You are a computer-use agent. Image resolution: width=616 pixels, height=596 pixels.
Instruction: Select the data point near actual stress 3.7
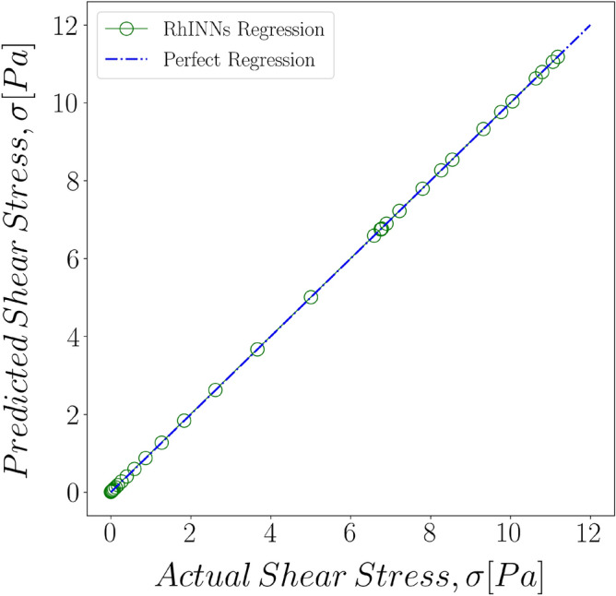257,349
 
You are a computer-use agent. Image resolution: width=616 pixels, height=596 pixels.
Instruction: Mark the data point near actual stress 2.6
215,390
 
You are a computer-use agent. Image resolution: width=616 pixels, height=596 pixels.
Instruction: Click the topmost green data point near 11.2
557,57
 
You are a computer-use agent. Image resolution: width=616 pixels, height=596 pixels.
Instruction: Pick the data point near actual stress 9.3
482,129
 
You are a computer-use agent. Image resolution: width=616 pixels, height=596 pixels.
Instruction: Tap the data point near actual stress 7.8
422,188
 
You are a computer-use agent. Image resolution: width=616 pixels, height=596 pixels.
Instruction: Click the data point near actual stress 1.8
184,421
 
